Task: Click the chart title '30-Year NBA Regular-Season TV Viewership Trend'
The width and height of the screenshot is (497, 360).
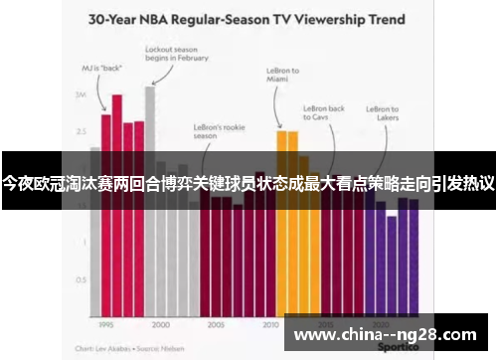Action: tap(248, 18)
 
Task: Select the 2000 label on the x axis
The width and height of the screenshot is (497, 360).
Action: tap(161, 324)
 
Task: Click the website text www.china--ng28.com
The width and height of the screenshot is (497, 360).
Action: tap(387, 330)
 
